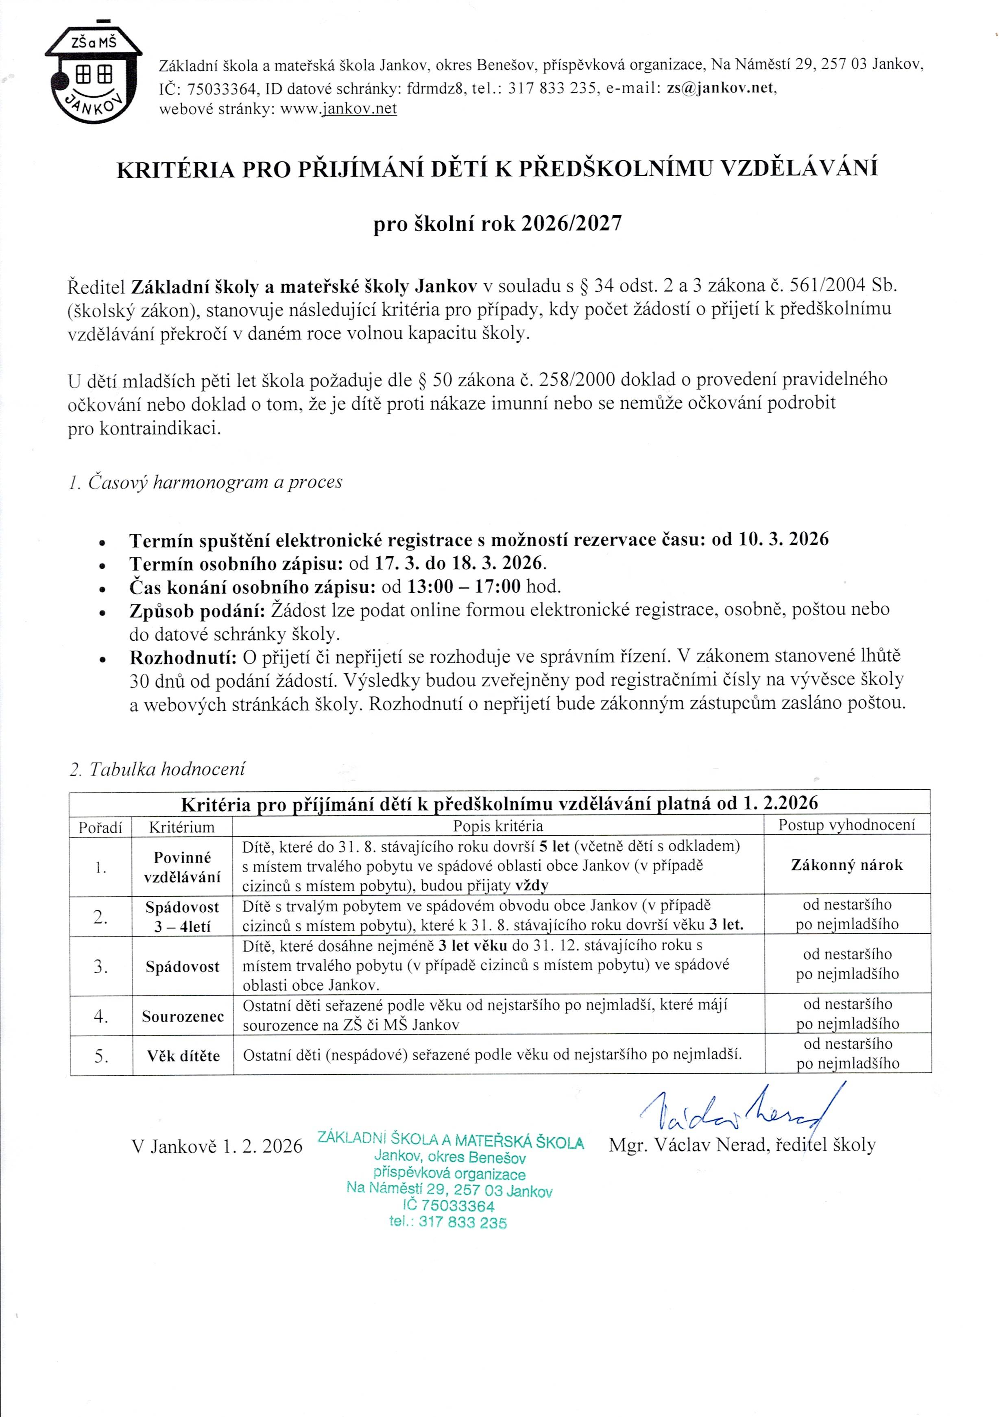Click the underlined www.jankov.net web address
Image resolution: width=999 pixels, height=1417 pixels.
tap(338, 109)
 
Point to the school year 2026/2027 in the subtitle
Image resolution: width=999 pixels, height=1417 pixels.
tap(571, 223)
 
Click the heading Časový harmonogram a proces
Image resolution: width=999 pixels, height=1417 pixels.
tap(205, 482)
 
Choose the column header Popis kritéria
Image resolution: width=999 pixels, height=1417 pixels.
tap(498, 826)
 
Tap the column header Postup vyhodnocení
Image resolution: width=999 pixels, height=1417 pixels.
tap(846, 825)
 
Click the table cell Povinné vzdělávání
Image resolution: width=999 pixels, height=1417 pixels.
tap(182, 867)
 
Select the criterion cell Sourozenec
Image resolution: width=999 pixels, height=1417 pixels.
tap(183, 1016)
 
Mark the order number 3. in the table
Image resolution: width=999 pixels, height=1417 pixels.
tap(100, 967)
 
